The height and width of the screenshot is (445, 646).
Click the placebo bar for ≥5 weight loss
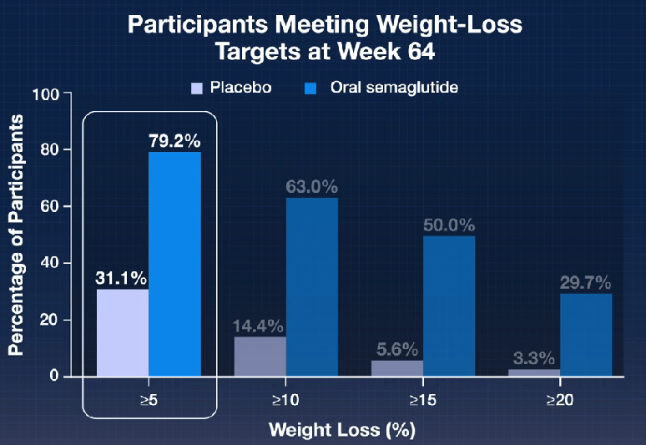pos(123,332)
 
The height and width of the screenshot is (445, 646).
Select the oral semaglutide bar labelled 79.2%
pos(175,263)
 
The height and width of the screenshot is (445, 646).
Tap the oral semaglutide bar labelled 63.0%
pos(312,286)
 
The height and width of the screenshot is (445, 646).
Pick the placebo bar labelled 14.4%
pos(260,357)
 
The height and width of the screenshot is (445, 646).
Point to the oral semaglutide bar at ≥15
pos(449,306)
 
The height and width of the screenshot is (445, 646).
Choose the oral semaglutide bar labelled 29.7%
pos(585,334)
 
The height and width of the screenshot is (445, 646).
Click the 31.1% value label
pos(122,276)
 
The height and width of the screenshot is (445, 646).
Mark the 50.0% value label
pos(448,225)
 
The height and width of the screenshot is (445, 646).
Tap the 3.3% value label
pos(532,357)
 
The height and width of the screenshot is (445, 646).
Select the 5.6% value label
pos(396,349)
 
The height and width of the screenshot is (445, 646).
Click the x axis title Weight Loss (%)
pos(341,431)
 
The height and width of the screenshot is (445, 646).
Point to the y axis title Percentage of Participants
pos(15,235)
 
